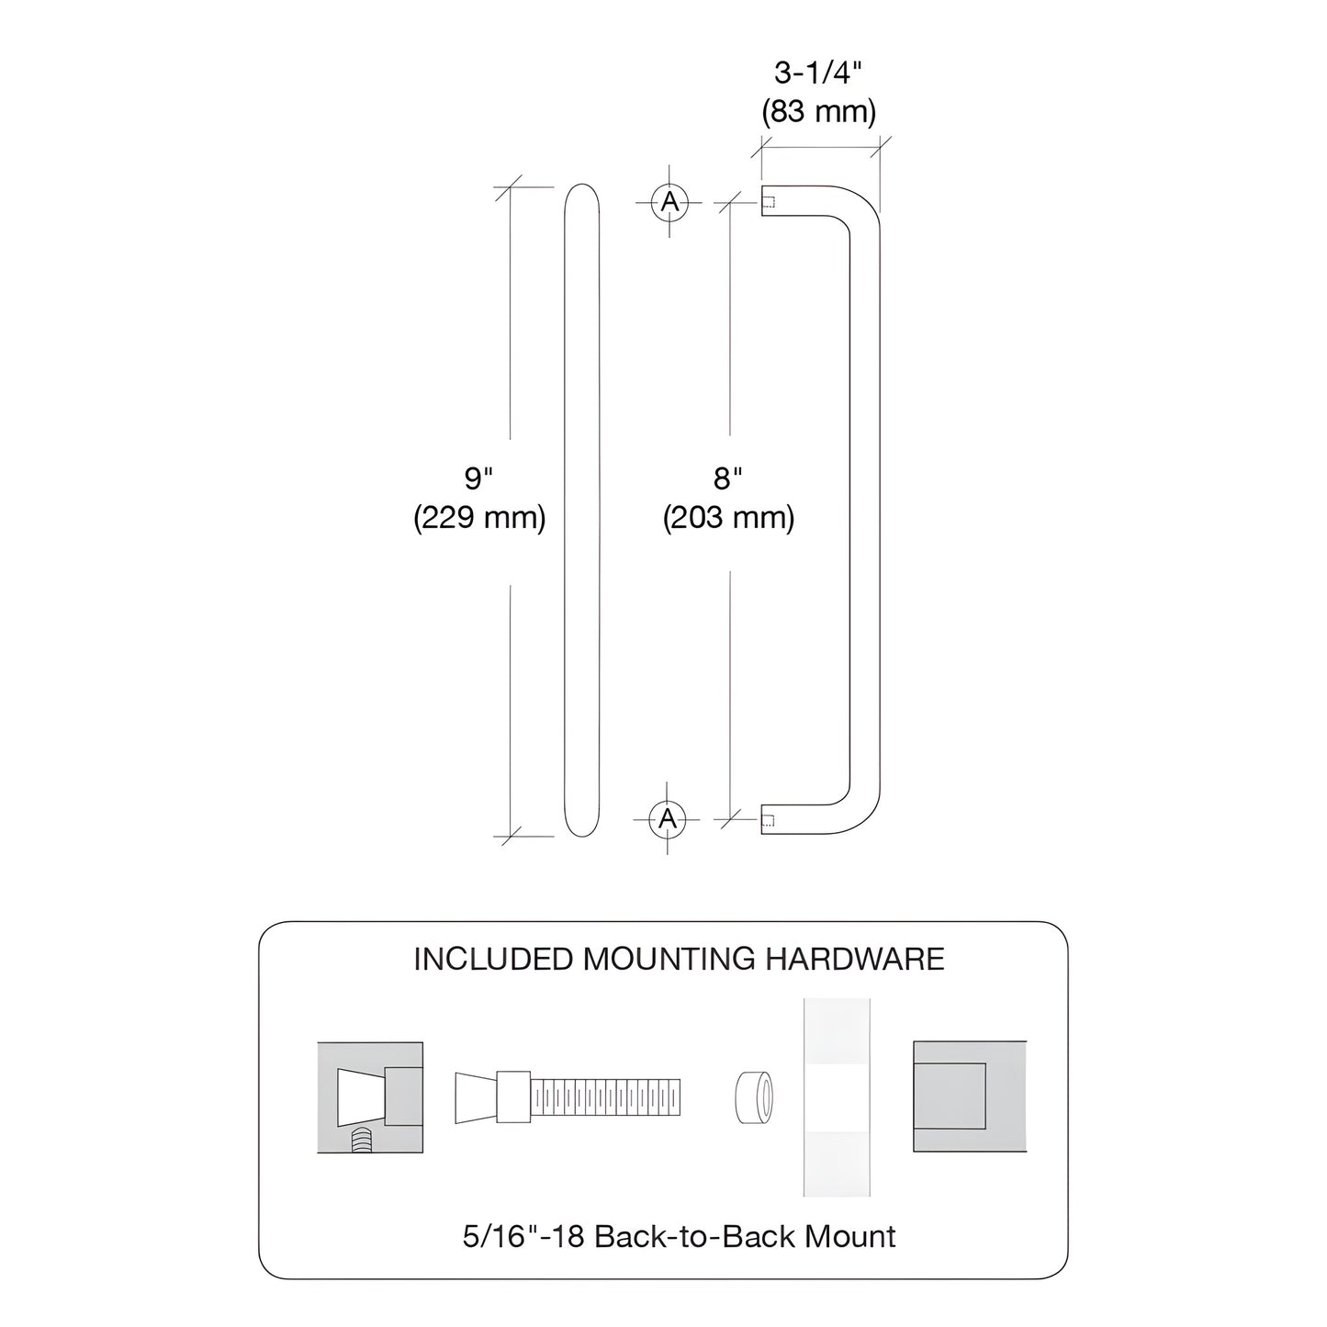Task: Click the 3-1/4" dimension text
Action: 817,73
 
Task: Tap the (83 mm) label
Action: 817,112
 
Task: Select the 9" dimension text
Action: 478,478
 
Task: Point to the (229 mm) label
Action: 478,519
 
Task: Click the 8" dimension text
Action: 727,478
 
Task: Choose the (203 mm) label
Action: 728,519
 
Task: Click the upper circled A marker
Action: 669,201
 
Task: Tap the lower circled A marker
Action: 668,817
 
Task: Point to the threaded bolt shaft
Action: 605,1096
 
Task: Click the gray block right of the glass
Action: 969,1096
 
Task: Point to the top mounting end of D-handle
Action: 768,201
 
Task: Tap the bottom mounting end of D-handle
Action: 768,820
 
